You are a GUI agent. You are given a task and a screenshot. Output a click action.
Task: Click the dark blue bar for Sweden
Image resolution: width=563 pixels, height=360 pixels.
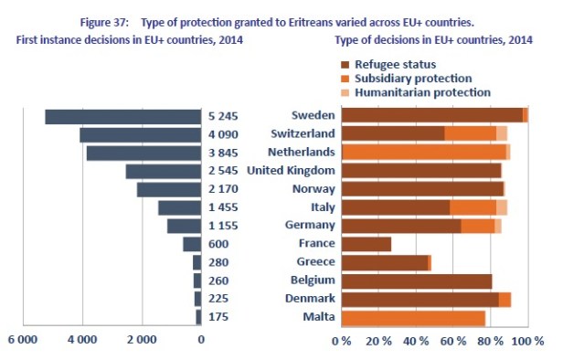[x=122, y=116]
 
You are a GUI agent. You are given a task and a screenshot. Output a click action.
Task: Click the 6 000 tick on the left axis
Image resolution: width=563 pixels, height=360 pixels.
[x=23, y=340]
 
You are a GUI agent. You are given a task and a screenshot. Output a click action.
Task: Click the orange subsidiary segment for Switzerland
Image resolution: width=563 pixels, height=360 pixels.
[x=470, y=134]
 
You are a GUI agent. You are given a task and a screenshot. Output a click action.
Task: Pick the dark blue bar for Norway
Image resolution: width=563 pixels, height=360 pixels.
[x=168, y=189]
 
